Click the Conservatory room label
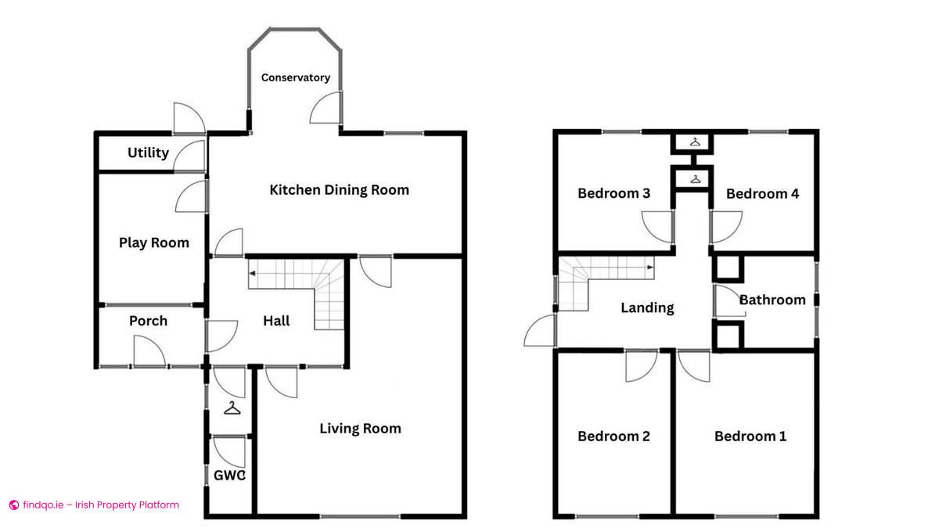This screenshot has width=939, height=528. (295, 77)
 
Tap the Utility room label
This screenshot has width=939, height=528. (148, 153)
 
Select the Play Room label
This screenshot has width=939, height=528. (153, 242)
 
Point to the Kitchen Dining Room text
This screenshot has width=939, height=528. (339, 189)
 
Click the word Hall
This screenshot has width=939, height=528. (276, 320)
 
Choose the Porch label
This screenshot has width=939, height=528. (148, 320)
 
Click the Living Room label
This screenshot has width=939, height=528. (360, 428)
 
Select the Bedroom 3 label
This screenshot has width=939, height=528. (613, 193)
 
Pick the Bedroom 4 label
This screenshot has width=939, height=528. (762, 193)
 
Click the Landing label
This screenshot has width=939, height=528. (647, 307)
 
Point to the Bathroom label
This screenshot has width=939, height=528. (772, 300)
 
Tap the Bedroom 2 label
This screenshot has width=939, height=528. (613, 436)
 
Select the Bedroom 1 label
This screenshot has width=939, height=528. (750, 436)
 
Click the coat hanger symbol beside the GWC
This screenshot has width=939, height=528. (232, 408)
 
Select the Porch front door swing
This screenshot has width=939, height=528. (148, 352)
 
